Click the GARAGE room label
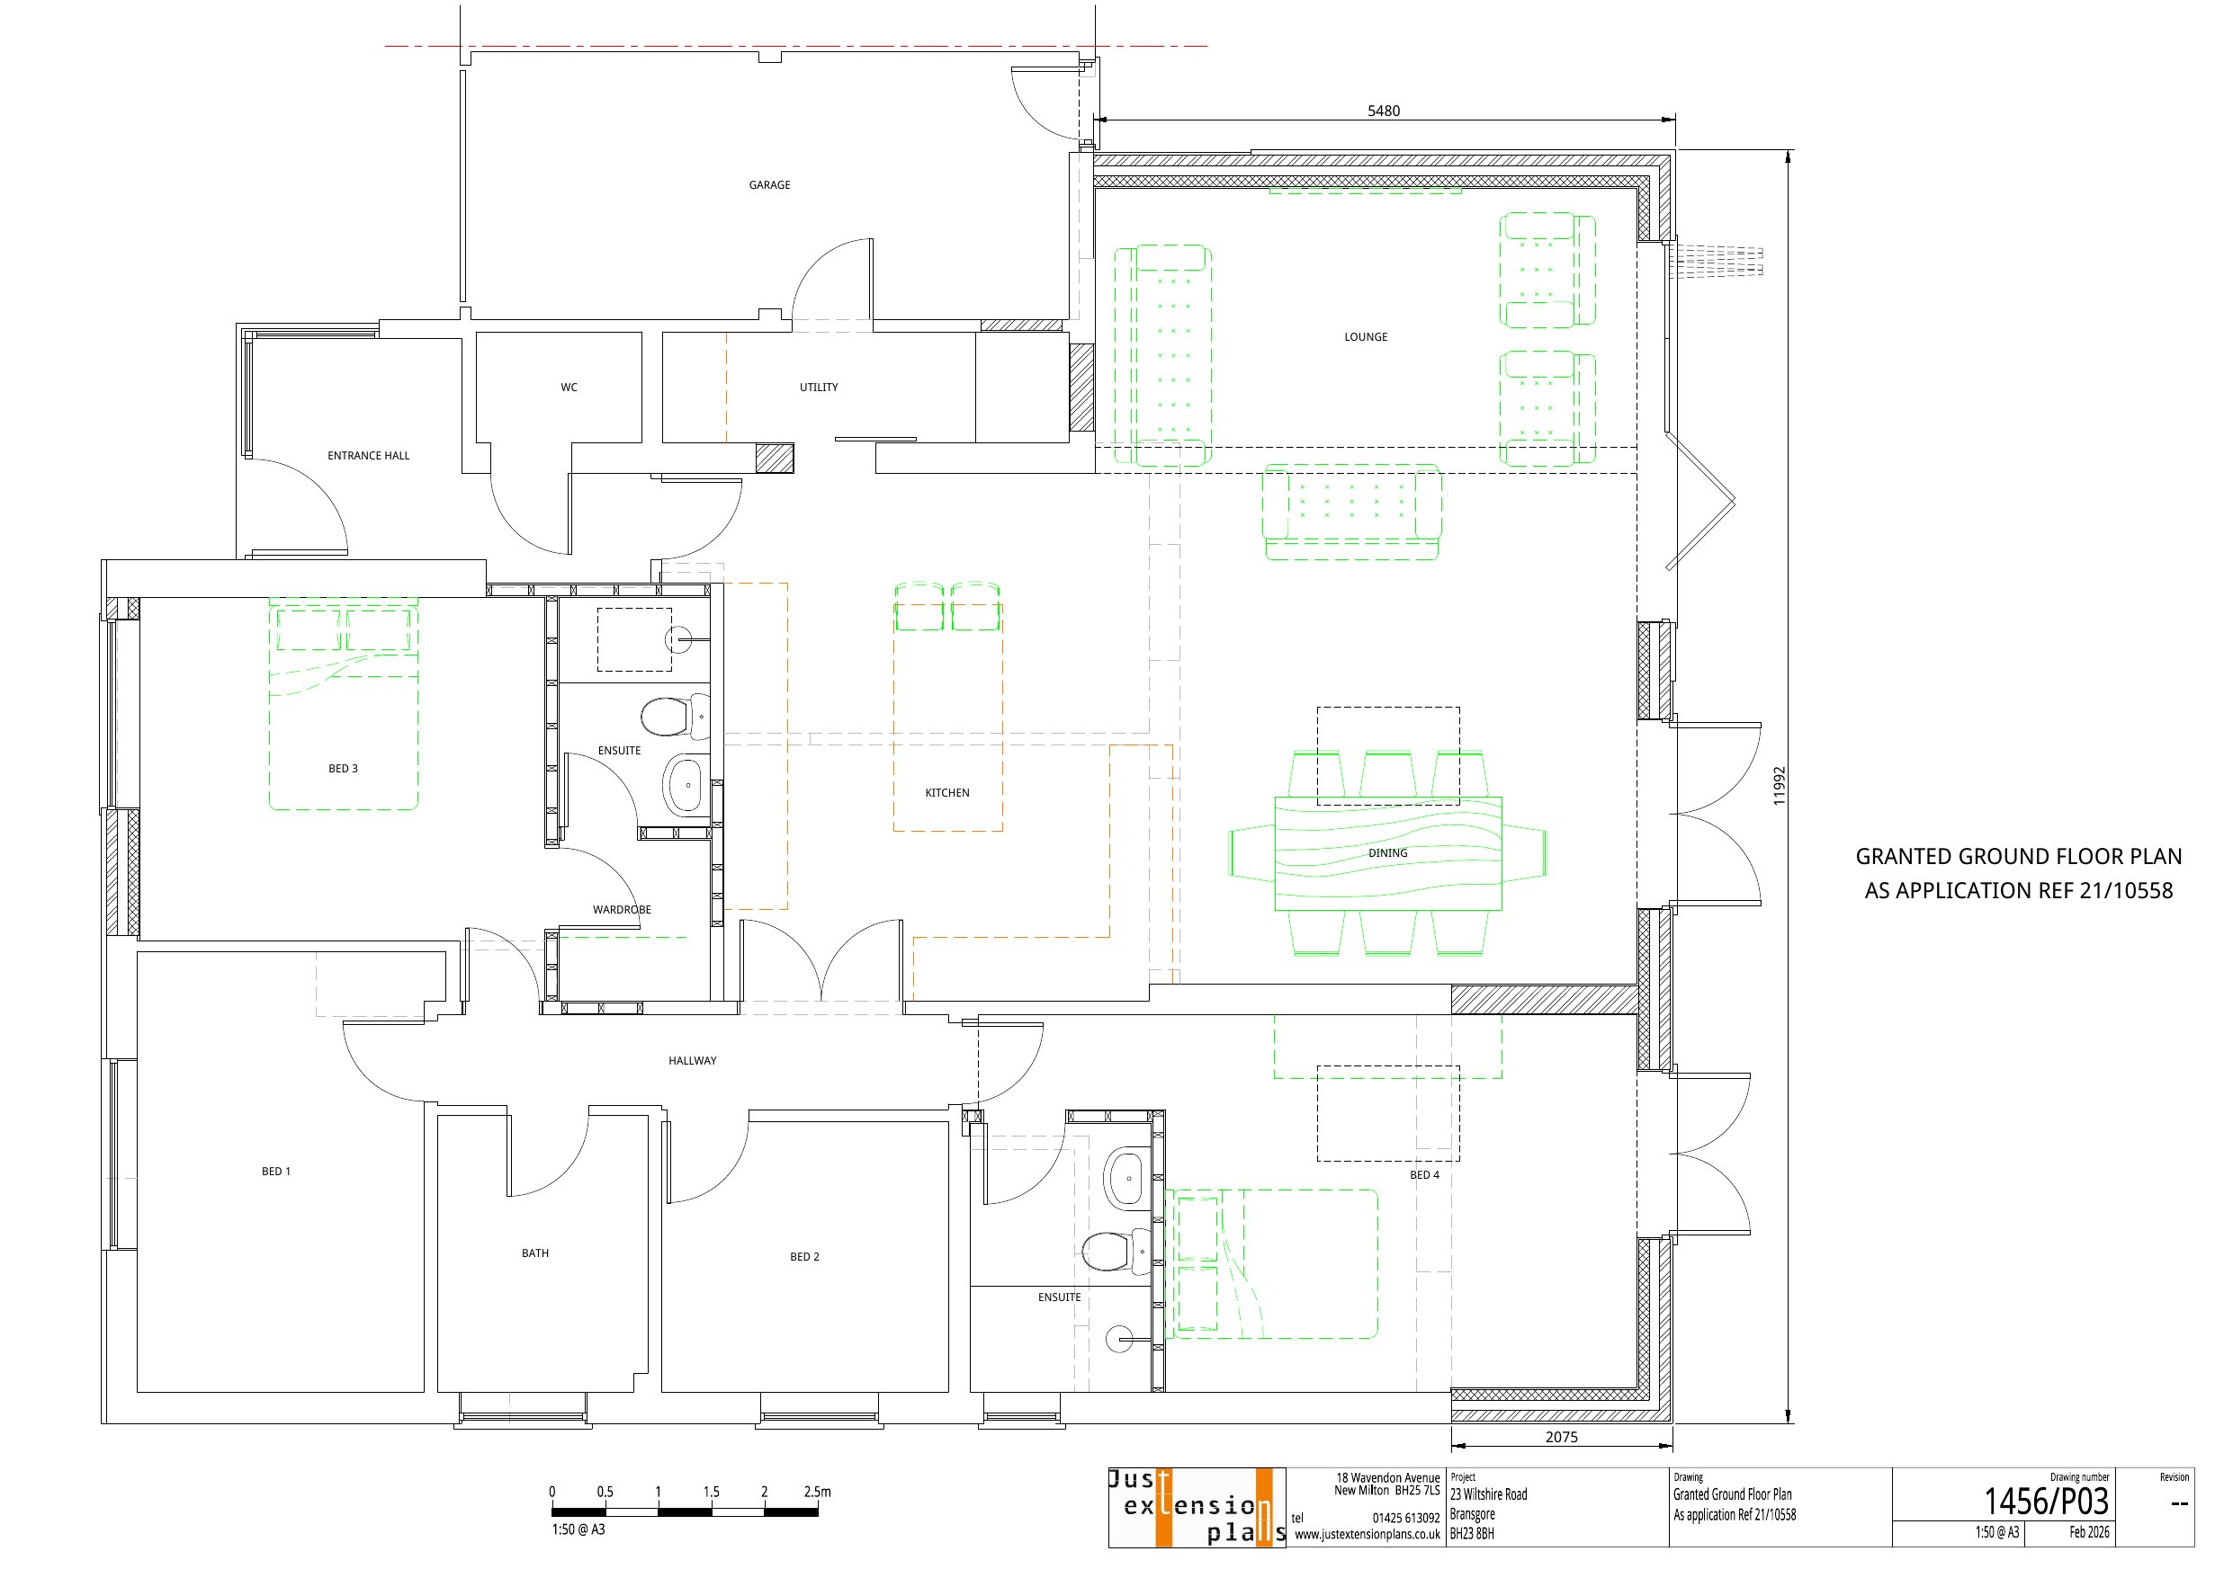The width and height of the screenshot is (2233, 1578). click(x=769, y=184)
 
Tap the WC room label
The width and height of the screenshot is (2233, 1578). click(x=569, y=387)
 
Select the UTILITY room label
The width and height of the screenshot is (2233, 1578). click(x=819, y=387)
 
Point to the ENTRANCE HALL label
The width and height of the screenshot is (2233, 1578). click(x=369, y=455)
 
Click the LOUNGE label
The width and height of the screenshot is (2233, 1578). click(x=1366, y=337)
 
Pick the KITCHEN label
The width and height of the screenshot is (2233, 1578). click(x=947, y=792)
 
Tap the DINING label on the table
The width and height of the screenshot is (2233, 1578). click(x=1388, y=852)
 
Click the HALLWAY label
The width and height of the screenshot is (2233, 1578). click(x=693, y=1061)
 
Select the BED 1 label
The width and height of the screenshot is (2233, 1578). click(x=276, y=1172)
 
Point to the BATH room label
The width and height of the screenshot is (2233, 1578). click(x=535, y=1253)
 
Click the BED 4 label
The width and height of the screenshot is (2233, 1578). click(x=1425, y=1174)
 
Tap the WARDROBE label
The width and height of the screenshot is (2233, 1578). click(x=623, y=910)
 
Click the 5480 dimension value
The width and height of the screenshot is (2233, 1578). click(x=1384, y=111)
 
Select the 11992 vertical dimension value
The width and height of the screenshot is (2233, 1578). click(x=1779, y=786)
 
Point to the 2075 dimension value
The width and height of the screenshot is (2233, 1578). click(x=1562, y=1437)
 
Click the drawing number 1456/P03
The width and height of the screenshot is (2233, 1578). click(x=2046, y=1502)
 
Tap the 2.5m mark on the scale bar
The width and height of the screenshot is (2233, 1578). click(x=818, y=1492)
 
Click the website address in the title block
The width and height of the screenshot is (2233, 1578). click(x=1368, y=1535)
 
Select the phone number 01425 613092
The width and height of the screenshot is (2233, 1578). click(x=1406, y=1518)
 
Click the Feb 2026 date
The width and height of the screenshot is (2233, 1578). click(x=2090, y=1532)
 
